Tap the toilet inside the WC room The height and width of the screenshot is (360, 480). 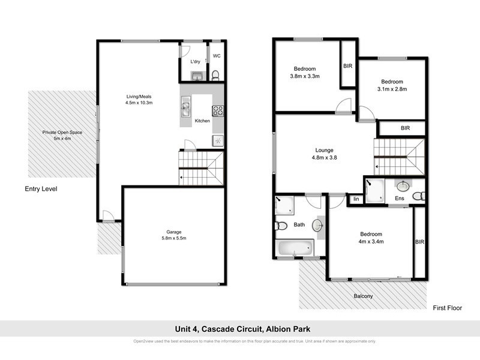215,74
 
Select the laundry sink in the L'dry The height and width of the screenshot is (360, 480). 195,75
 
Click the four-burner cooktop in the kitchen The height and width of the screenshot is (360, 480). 218,110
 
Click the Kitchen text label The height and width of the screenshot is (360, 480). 203,121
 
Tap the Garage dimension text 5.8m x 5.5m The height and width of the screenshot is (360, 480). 174,238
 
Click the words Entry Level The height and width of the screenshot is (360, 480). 41,188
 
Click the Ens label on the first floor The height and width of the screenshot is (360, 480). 399,198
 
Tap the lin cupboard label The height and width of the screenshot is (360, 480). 356,199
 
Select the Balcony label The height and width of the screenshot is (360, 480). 363,296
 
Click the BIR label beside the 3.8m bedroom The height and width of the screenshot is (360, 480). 347,66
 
